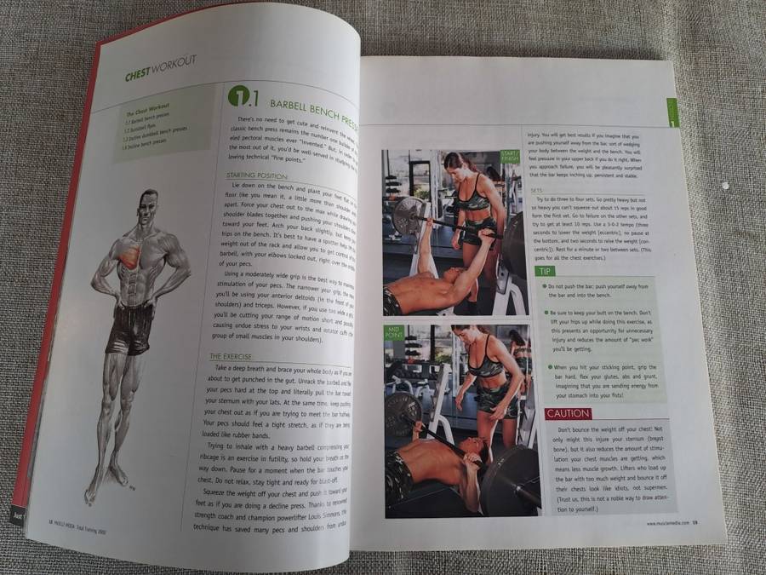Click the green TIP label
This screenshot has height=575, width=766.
pyautogui.click(x=545, y=271)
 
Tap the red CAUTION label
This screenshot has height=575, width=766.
pyautogui.click(x=568, y=414)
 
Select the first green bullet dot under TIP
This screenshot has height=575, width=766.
pyautogui.click(x=545, y=286)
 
